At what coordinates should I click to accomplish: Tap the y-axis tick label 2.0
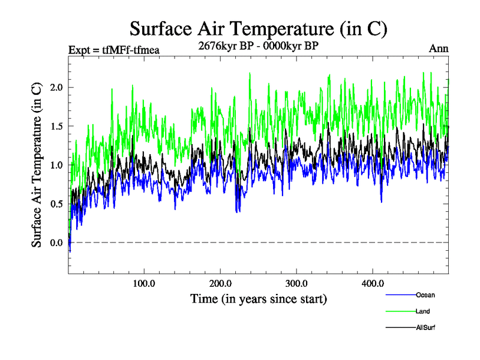[56, 88]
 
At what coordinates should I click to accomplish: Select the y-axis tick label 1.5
[56, 127]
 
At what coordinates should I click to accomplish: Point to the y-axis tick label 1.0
[56, 165]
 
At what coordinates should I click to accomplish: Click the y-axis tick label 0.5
[56, 204]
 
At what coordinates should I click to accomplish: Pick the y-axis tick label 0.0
[56, 242]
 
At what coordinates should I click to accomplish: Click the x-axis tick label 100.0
[144, 283]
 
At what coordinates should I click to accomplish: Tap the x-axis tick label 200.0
[220, 283]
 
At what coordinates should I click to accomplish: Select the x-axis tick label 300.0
[296, 283]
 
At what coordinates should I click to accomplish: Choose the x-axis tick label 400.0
[373, 283]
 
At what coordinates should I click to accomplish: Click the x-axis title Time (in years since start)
[259, 298]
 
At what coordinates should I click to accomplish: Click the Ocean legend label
[425, 295]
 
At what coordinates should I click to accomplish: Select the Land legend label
[422, 311]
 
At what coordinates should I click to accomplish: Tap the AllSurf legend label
[425, 328]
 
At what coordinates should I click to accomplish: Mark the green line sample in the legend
[400, 311]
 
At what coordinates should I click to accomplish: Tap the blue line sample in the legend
[400, 295]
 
